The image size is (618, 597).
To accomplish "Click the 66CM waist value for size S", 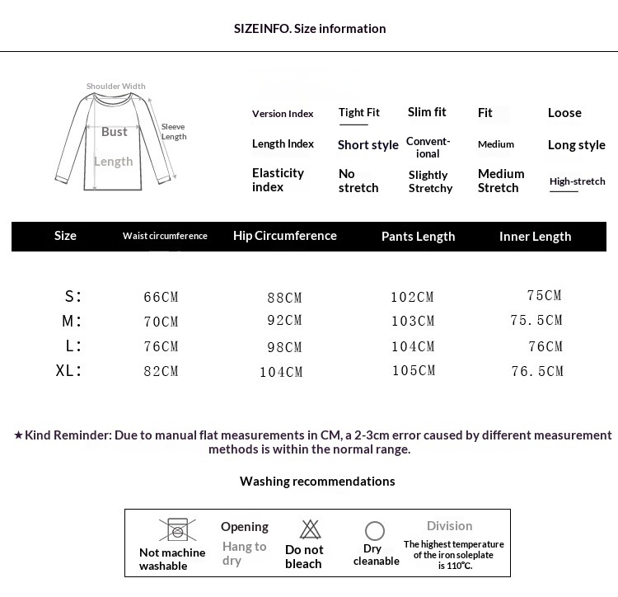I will point(161,297).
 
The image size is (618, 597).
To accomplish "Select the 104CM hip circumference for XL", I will point(281,372).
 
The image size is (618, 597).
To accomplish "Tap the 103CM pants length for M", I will point(413,321).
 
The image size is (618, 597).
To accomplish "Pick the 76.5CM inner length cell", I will point(537,371).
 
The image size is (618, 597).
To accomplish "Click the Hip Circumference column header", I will point(285,236).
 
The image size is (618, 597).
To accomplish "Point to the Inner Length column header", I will point(535,237).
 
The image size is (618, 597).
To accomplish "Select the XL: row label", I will point(69,370).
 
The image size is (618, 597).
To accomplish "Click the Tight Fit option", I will point(358,113).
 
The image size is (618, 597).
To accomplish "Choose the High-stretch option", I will point(577,181).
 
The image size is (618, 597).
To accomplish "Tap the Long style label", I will point(576,145).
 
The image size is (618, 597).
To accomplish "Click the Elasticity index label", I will point(278,180).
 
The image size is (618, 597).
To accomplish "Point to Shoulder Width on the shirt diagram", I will point(116,87).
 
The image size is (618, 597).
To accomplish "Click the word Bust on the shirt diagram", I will point(115,132).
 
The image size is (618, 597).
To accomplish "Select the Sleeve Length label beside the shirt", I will point(173,132).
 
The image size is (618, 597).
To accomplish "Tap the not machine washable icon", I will point(173,529).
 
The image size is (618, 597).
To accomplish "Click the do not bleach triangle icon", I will point(310,529).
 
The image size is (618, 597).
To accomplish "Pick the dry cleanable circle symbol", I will point(375,531).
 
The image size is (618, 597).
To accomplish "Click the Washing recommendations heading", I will point(317,482).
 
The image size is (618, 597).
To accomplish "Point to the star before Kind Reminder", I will point(18,435).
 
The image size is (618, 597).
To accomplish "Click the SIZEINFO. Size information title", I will point(310,29).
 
